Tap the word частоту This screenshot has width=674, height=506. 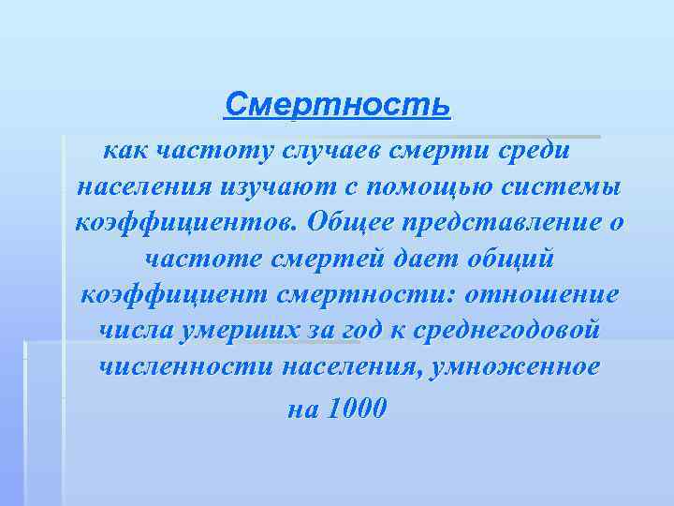[205, 149]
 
